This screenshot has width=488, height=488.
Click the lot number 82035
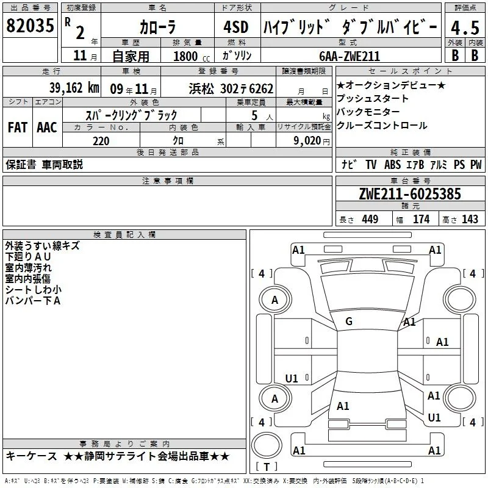30,25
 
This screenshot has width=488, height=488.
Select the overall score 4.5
465,28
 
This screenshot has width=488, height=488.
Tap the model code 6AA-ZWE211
350,56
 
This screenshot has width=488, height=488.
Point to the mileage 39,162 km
74,88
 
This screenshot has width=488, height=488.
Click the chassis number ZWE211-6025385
410,194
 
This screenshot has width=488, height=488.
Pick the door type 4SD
236,27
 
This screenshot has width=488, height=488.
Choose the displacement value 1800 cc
192,56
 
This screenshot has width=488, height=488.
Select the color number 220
101,141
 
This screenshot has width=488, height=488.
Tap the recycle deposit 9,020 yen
312,141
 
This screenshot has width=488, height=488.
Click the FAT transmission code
18,127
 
